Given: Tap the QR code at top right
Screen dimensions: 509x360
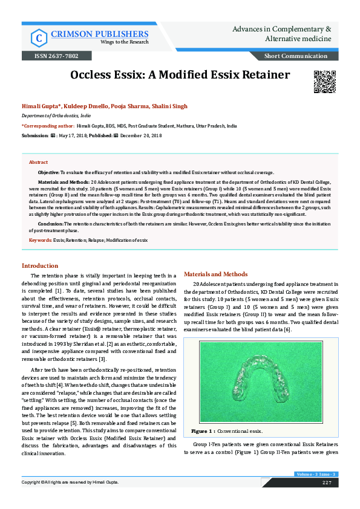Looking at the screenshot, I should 324,81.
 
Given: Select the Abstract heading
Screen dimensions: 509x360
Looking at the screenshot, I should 38,163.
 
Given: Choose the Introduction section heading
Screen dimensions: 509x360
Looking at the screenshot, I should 40,266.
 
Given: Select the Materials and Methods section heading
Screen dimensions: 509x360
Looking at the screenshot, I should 215,274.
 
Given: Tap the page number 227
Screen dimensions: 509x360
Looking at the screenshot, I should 326,482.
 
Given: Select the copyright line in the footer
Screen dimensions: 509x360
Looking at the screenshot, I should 70,482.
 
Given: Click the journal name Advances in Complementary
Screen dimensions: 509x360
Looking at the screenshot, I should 282,29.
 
